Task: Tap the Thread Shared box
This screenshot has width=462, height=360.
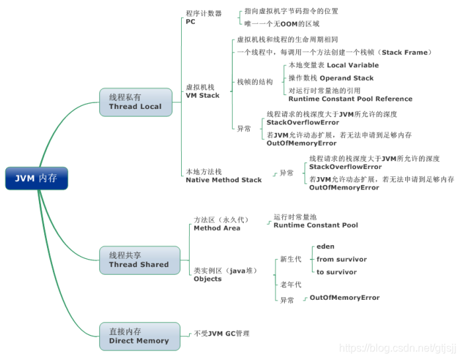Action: (x=139, y=260)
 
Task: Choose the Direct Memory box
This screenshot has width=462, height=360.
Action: (x=139, y=336)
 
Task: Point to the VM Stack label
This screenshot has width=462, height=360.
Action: (x=202, y=90)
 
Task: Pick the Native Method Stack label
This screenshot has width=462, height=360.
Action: (x=223, y=176)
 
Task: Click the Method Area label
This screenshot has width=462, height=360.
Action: (x=217, y=223)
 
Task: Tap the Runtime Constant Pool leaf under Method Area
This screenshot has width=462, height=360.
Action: (x=315, y=221)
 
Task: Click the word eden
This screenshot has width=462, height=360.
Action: (x=325, y=246)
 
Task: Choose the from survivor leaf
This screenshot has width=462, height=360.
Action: (x=341, y=259)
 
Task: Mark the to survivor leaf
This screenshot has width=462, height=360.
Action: (x=336, y=271)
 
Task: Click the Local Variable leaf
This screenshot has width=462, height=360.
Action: (x=334, y=65)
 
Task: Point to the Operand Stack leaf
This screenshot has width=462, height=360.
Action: (x=330, y=78)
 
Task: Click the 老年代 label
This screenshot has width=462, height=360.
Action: (x=291, y=284)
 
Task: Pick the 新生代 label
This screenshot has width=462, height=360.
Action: (x=291, y=259)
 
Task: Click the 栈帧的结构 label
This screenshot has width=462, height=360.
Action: (x=254, y=82)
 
